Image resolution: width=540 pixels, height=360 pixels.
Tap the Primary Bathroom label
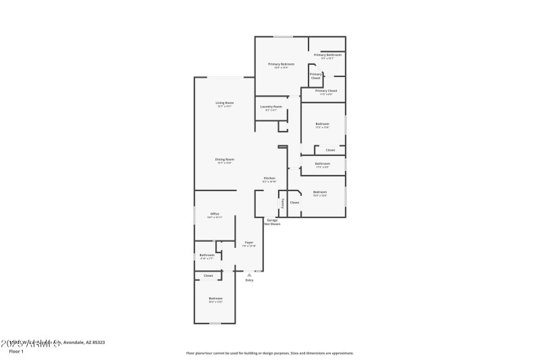[327, 55]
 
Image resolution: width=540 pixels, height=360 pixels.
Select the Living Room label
[225, 103]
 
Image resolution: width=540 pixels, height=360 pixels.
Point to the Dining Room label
[225, 159]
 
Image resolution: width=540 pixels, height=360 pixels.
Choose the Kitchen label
[269, 178]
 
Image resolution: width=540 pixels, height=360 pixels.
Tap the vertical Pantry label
[283, 203]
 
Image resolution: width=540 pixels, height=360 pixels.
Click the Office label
[215, 214]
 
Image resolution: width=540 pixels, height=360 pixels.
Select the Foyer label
[248, 242]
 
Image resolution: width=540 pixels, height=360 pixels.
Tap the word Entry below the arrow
[250, 280]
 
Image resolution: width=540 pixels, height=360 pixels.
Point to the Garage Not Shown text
[272, 222]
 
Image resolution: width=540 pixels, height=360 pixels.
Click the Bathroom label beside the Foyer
[207, 255]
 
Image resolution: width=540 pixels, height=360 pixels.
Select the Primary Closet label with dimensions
[326, 91]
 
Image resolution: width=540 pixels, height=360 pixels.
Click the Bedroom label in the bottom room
[215, 299]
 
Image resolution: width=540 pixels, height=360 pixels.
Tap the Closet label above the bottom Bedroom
[209, 276]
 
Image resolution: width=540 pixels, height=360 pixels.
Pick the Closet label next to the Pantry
[294, 203]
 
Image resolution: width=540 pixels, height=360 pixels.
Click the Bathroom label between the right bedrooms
[323, 163]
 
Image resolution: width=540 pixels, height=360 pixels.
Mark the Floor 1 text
[16, 351]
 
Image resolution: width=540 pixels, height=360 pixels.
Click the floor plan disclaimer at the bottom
[269, 353]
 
